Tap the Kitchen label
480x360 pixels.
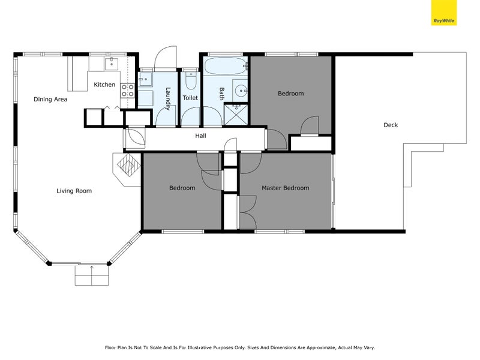pos(104,85)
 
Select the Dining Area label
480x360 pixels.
pos(50,100)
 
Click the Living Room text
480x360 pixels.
pos(74,191)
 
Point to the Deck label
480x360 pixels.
pos(391,125)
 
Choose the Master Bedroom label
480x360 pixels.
pos(285,188)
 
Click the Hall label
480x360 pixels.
pos(200,136)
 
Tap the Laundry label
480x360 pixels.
pos(169,99)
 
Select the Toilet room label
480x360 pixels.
pos(190,97)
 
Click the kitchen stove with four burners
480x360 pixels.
pos(128,91)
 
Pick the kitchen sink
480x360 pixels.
pos(112,63)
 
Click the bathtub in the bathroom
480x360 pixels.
pos(225,66)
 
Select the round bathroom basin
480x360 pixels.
pos(241,91)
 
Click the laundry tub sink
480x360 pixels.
pos(145,80)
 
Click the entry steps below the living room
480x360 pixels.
pos(92,275)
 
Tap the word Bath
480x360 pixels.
pos(221,93)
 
